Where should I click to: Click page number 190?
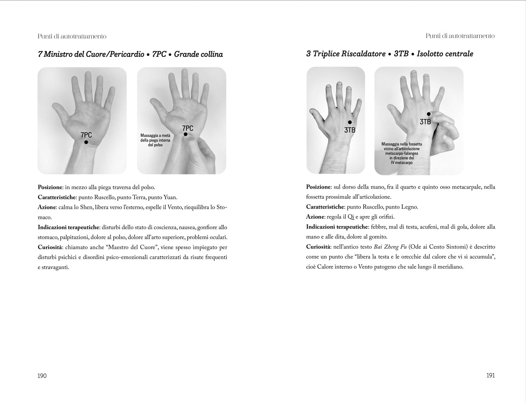coord(42,376)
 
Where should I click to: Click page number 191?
coord(491,375)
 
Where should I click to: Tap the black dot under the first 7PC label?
coord(86,142)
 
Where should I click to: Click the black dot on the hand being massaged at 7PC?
coord(186,134)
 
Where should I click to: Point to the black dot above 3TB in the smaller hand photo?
coord(350,122)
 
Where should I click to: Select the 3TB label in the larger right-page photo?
coord(425,122)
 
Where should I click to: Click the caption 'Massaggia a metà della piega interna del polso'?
coord(156,140)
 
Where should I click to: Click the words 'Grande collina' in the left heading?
coord(198,54)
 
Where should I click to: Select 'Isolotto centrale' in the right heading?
coord(445,54)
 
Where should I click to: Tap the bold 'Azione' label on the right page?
coord(315,217)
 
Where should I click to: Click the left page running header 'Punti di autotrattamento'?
coord(72,36)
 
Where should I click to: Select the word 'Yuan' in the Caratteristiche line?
coord(170,197)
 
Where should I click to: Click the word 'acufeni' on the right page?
coord(430,227)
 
